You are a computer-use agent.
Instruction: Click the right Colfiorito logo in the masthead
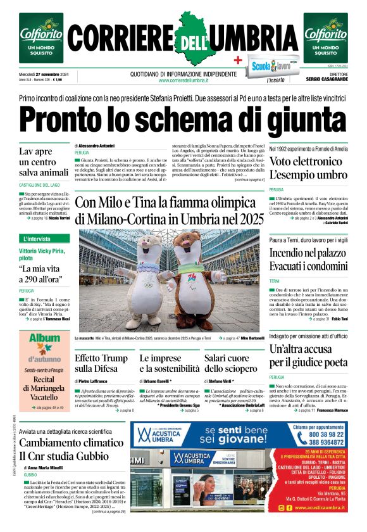[325, 37]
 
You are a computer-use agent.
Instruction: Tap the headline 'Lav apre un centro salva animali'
[44, 162]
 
